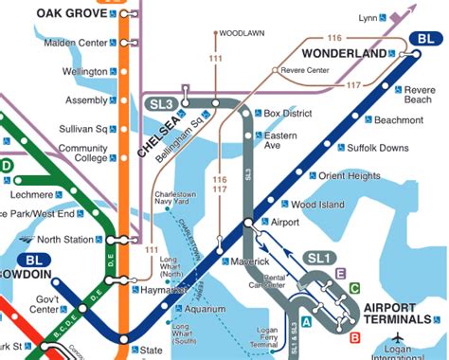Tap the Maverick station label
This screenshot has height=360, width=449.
pyautogui.click(x=250, y=261)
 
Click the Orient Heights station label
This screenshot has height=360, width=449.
pyautogui.click(x=349, y=176)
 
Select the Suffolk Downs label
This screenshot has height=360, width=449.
pyautogui.click(x=378, y=149)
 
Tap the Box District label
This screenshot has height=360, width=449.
pyautogui.click(x=287, y=113)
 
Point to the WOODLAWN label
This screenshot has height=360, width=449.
pyautogui.click(x=242, y=33)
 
